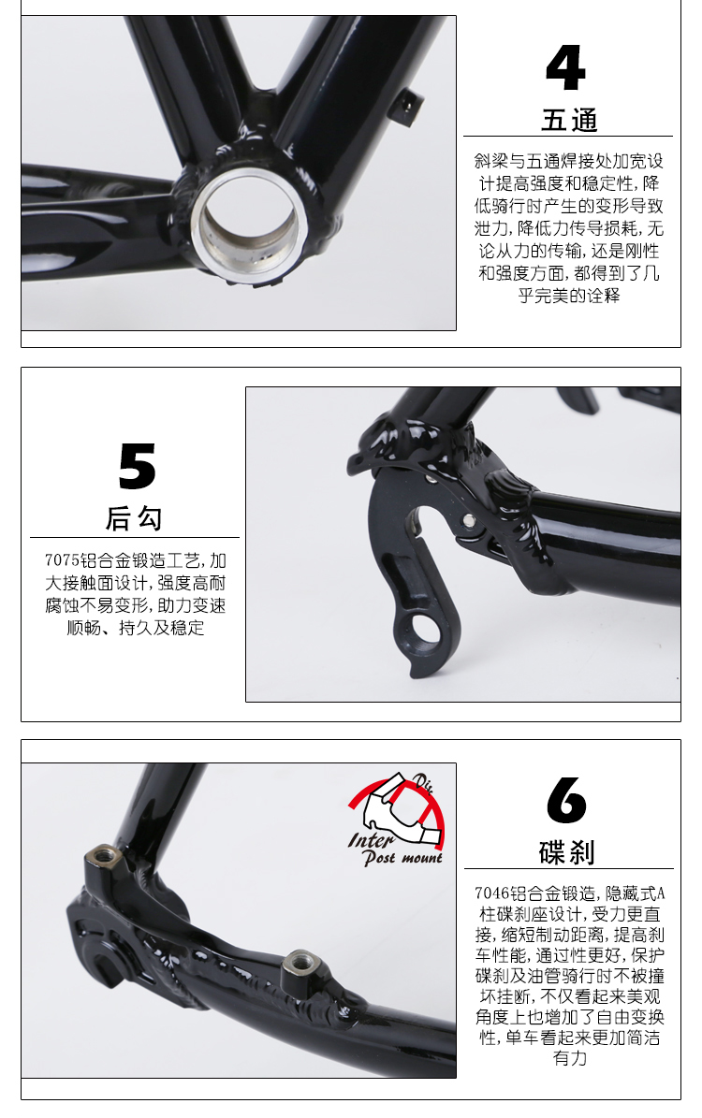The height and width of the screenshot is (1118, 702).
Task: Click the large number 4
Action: [565, 67]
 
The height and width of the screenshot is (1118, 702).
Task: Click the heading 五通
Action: [568, 120]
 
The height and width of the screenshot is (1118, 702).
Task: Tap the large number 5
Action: [137, 466]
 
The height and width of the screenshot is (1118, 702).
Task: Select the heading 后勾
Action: [134, 517]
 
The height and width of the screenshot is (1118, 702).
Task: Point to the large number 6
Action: [566, 799]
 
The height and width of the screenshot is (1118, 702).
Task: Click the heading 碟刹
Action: [567, 852]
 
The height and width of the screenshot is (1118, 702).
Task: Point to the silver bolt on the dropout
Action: [469, 520]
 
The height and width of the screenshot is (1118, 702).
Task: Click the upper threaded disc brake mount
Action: [104, 852]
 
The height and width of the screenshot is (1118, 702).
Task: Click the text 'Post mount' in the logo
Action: [403, 858]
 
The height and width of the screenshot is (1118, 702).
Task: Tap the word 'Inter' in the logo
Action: [371, 839]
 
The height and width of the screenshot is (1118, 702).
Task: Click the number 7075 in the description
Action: [62, 560]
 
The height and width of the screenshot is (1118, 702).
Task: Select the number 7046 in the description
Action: [491, 893]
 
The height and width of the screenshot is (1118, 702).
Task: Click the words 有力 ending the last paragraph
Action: [569, 1058]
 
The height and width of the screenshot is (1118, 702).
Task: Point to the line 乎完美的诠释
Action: [568, 296]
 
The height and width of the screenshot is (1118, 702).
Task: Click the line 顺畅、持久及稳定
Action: [136, 628]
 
